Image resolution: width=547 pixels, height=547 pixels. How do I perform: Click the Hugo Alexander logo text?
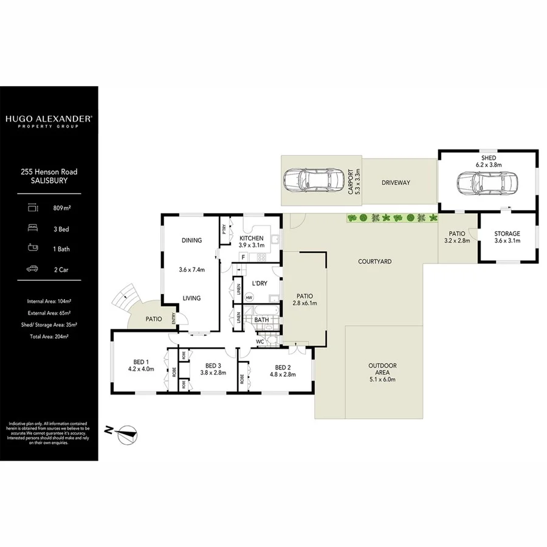[x=49, y=120]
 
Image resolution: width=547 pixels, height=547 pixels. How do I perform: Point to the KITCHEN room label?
[x=251, y=238]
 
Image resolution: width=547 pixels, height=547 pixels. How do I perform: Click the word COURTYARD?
[x=374, y=261]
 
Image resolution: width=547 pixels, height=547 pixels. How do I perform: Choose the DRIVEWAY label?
[x=396, y=183]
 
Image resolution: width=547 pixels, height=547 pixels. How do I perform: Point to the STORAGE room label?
[x=507, y=234]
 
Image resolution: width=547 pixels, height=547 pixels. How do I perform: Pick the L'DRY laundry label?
[x=260, y=284]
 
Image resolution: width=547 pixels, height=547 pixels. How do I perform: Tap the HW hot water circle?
[x=249, y=298]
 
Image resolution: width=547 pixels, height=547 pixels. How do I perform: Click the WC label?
[x=260, y=342]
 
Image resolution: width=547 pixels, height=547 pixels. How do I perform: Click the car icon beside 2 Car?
[x=32, y=268]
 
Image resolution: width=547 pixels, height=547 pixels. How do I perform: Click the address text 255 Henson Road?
[x=49, y=172]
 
